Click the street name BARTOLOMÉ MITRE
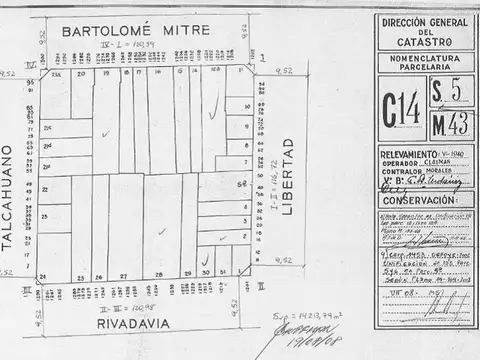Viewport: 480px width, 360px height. [136, 31]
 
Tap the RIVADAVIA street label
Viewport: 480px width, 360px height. [142, 323]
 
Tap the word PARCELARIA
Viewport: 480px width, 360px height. [424, 70]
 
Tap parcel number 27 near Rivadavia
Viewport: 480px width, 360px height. [124, 274]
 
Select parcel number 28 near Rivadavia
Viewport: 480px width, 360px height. [151, 274]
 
